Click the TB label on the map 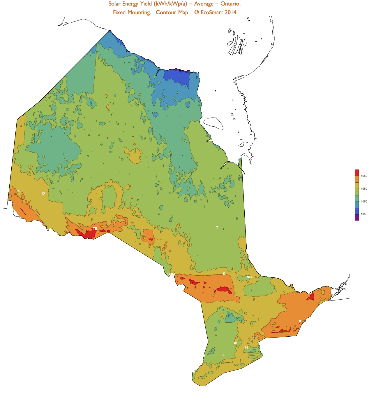tap(95, 229)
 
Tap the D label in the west tap(43, 193)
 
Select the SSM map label tap(171, 274)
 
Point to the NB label tap(249, 277)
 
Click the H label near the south tap(246, 347)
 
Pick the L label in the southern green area tap(224, 355)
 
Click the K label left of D tap(19, 191)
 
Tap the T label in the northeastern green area tap(217, 228)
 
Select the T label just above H tap(254, 338)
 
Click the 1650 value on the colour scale tap(364, 176)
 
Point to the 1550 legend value tap(364, 189)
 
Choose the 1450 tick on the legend tap(364, 202)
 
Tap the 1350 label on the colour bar tap(364, 214)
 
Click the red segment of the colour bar tap(357, 173)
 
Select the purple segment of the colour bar tap(357, 217)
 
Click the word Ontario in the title tap(230, 4)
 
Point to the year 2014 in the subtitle tap(230, 13)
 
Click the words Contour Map tap(172, 13)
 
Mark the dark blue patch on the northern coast tap(176, 76)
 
